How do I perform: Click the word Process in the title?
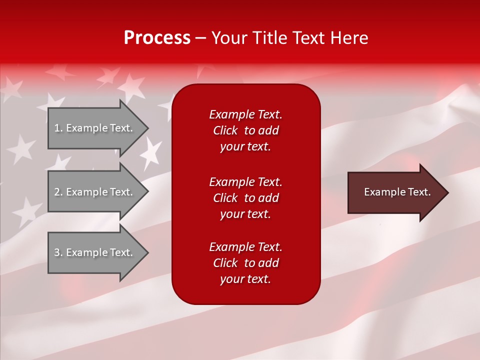point(157,37)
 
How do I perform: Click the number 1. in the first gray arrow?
point(58,128)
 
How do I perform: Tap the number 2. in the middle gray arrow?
point(58,192)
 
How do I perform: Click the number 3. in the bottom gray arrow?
point(58,252)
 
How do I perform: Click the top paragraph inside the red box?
point(245,130)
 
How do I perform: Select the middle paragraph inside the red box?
point(245,198)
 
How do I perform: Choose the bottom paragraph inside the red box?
point(245,263)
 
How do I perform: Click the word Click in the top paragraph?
point(225,130)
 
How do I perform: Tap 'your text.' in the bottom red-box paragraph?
point(245,279)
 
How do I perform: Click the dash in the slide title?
point(201,38)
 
